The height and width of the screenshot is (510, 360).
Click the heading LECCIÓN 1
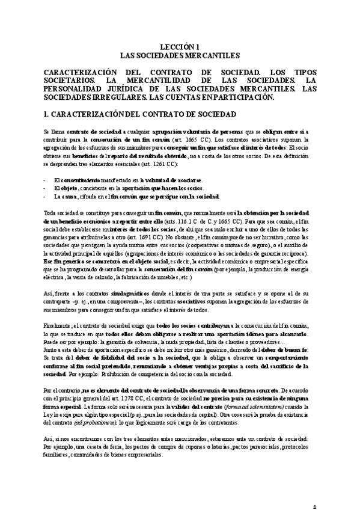coord(180,46)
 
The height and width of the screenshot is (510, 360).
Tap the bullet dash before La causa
coord(46,196)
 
